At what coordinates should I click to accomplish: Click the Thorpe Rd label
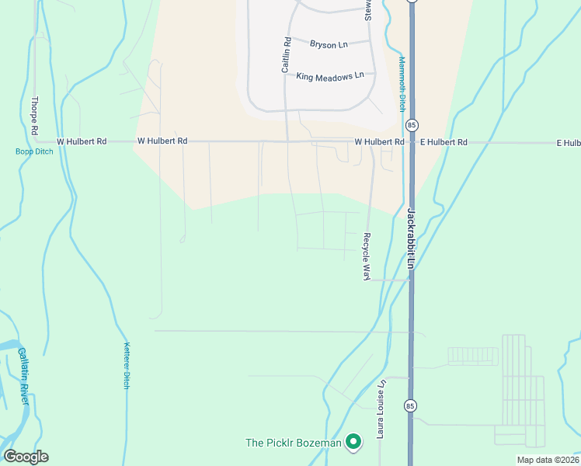tap(34, 114)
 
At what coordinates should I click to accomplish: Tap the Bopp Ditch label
tap(34, 151)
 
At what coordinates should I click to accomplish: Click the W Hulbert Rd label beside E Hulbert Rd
tap(379, 142)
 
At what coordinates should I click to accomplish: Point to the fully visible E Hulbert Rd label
tap(444, 142)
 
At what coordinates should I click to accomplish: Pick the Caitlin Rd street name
tap(286, 55)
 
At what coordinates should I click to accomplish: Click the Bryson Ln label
tap(329, 45)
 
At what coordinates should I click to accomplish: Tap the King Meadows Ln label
tap(330, 76)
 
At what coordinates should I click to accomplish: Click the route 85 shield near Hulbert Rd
tap(412, 125)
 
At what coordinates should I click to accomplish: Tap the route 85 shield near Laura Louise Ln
tap(409, 405)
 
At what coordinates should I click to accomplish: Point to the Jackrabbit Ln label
tap(412, 238)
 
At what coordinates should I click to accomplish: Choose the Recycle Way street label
tap(366, 256)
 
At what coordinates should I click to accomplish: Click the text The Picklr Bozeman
tap(294, 443)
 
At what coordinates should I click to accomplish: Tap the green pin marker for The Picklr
tap(353, 442)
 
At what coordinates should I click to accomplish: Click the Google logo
tap(26, 457)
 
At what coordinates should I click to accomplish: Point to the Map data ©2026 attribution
tap(547, 460)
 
